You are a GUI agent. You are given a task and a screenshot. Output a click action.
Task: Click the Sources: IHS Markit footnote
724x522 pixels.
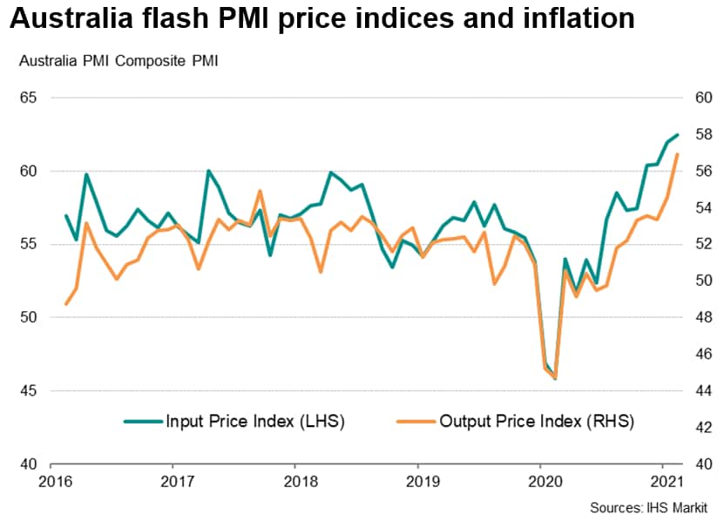[x=648, y=507]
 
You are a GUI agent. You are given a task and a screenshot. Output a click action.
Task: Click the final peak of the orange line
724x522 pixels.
[x=678, y=154]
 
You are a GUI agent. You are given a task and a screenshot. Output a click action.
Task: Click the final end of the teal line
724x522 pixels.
[x=678, y=135]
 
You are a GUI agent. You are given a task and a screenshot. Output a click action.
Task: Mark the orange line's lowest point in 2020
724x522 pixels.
[x=555, y=378]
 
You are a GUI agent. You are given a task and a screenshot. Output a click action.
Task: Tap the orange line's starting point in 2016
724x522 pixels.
[x=66, y=303]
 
